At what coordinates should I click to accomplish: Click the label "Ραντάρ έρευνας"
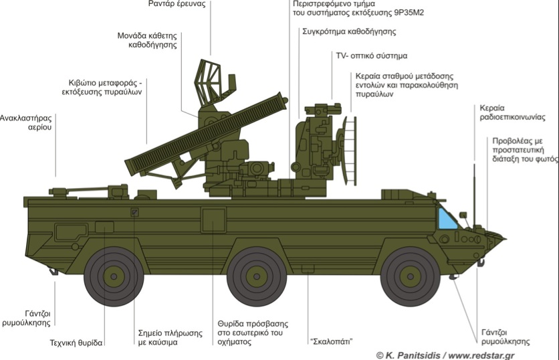tap(177, 5)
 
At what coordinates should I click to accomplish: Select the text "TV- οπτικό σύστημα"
tap(371, 56)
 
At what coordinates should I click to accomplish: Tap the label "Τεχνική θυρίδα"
tap(76, 343)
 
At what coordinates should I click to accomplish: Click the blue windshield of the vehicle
tap(447, 219)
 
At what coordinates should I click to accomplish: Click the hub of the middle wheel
tap(255, 276)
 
